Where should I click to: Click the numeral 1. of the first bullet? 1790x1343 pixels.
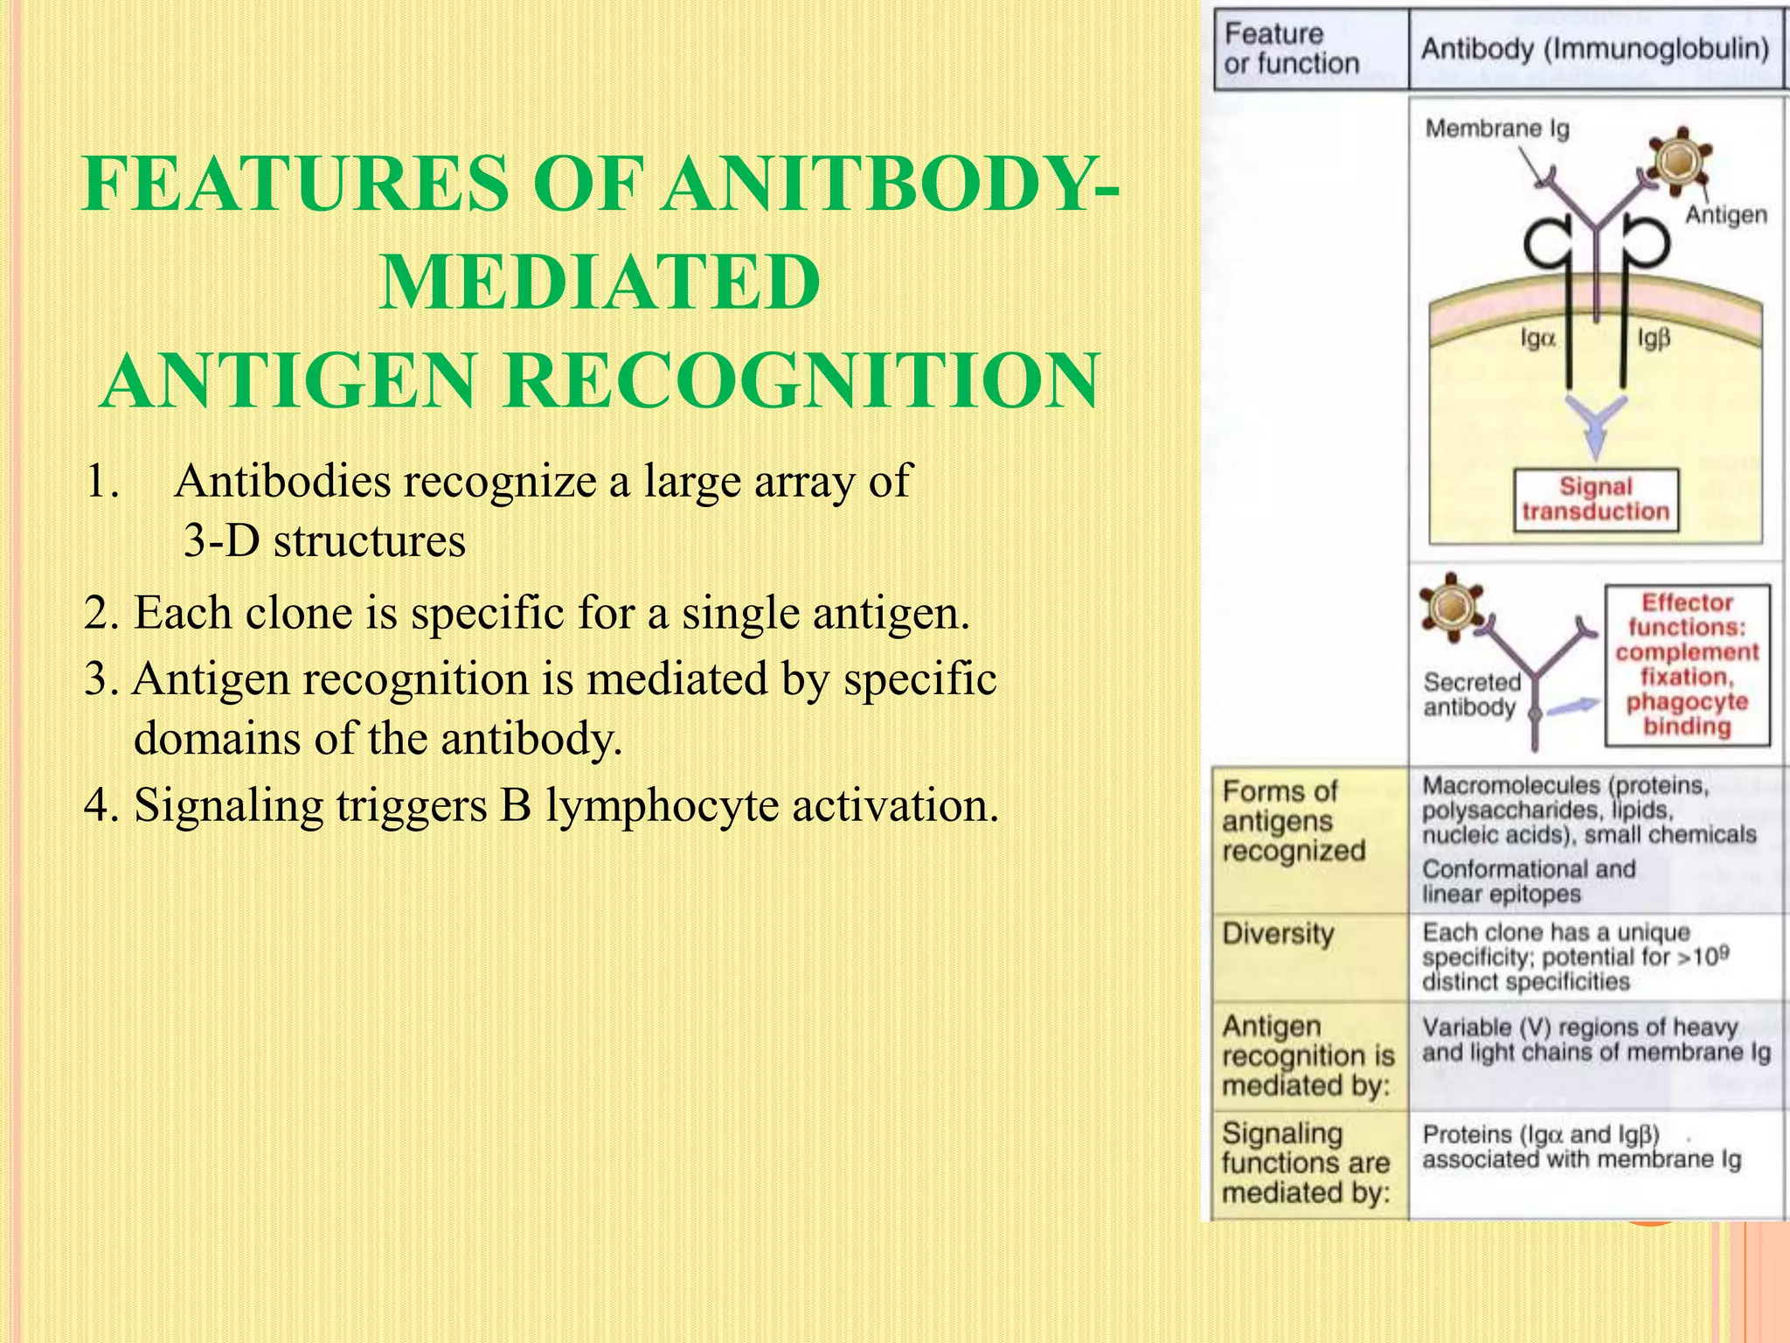[102, 482]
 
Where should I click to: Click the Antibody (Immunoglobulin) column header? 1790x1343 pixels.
[1594, 49]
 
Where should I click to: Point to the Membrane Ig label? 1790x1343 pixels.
[1496, 129]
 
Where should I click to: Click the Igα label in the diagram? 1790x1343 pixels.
[1537, 338]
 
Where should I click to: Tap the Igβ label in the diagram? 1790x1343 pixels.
[1653, 338]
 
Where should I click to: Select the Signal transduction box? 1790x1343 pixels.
[1595, 499]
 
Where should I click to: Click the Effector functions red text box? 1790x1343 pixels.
[1687, 665]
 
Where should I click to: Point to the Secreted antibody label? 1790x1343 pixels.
[1471, 694]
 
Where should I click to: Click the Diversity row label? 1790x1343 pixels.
[1278, 934]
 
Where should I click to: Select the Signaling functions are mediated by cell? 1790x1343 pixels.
[1305, 1163]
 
